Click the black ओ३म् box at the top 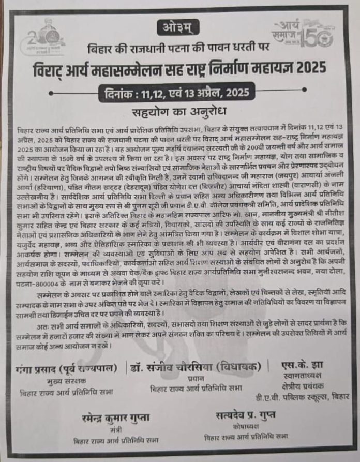(177, 26)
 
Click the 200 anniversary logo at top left (46, 37)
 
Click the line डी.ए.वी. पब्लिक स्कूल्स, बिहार (302, 397)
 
